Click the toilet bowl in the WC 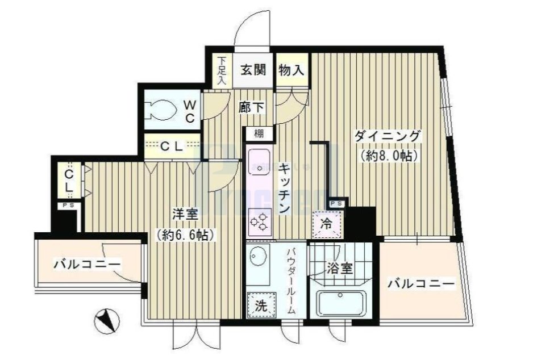162,109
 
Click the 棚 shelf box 259,134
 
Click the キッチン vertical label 285,187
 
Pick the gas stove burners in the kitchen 260,221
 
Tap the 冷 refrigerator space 328,223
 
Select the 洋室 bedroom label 185,215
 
